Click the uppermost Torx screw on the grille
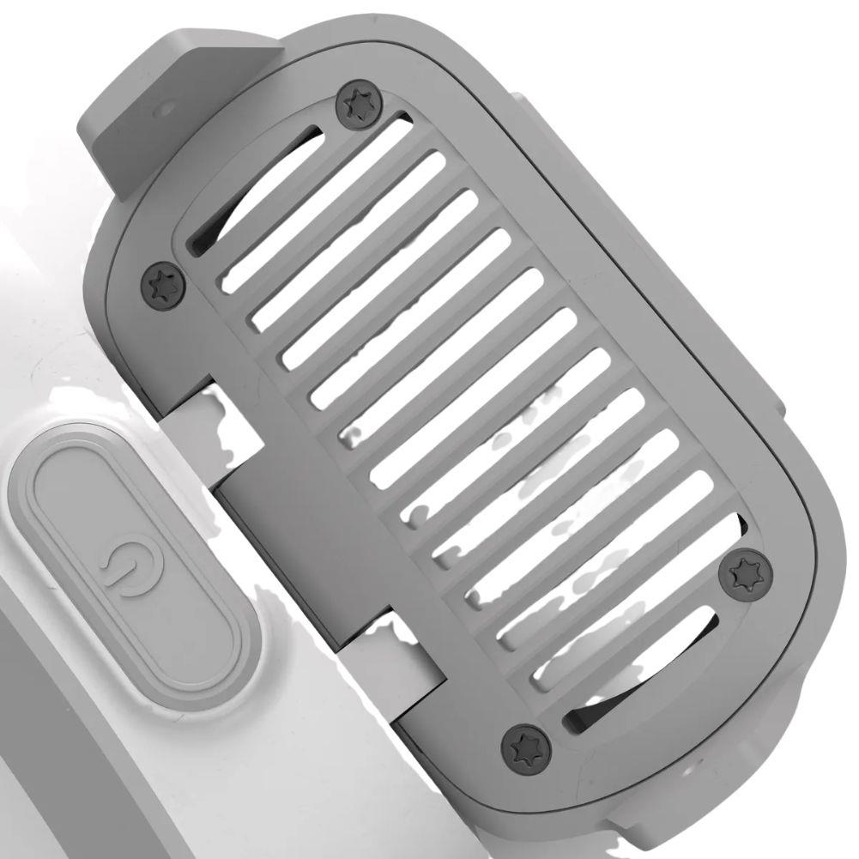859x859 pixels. pos(357,106)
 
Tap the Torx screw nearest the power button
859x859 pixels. pos(163,283)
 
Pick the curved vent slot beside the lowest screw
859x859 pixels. pos(652,669)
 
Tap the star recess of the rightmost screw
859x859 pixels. pos(746,573)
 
